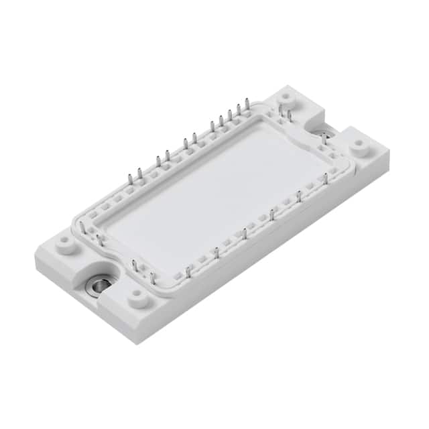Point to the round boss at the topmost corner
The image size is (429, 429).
pos(287,97)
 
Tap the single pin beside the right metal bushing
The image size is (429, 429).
pos(324,139)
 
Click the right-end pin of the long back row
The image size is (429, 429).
pos(247,104)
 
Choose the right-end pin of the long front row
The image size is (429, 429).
pos(326,178)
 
